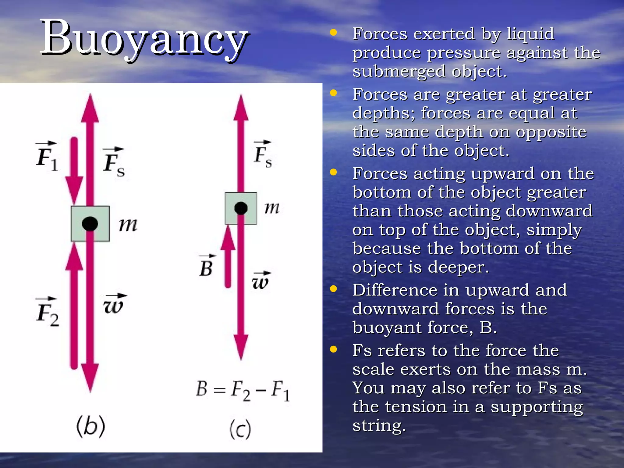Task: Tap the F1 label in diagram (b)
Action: tap(47, 157)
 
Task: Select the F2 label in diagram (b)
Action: tap(47, 312)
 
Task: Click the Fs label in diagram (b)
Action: tap(114, 163)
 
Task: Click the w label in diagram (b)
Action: tap(114, 304)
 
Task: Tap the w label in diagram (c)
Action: tap(261, 281)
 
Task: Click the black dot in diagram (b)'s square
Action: tap(90, 224)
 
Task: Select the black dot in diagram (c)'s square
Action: tap(241, 208)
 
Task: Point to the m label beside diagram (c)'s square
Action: tap(272, 208)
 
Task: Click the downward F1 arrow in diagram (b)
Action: tap(74, 171)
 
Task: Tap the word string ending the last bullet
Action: tap(378, 425)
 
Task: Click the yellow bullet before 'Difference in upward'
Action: tap(334, 289)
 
